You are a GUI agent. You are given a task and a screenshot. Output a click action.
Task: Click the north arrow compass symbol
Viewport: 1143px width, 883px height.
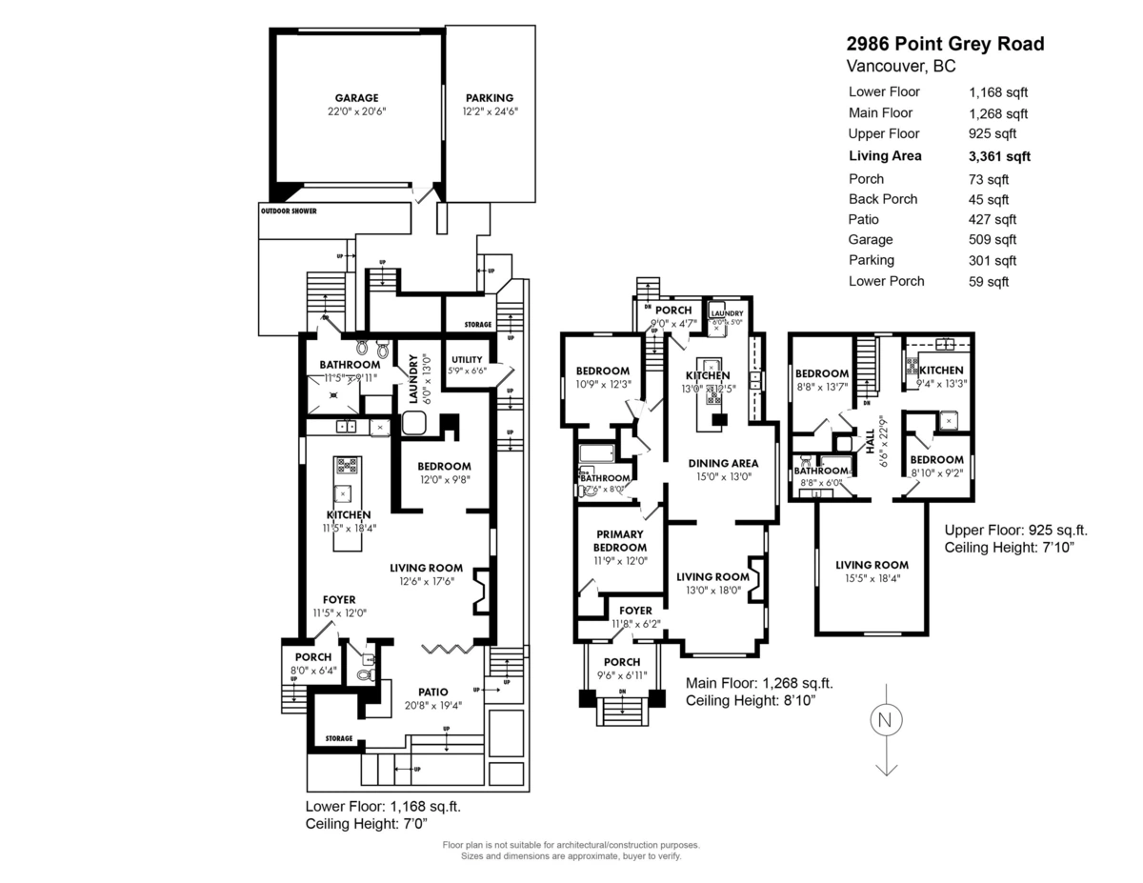pyautogui.click(x=886, y=719)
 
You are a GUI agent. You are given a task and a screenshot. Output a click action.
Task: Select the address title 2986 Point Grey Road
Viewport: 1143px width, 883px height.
pyautogui.click(x=945, y=44)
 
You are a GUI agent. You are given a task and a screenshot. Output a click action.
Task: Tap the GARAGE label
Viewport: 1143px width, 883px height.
pyautogui.click(x=355, y=98)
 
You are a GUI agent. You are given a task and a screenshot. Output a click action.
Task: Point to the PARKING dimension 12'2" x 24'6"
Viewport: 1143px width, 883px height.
pyautogui.click(x=490, y=111)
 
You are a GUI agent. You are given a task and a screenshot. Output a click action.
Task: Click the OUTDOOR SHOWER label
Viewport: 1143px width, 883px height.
pyautogui.click(x=288, y=211)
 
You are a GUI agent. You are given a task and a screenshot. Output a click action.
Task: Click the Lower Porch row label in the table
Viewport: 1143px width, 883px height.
pyautogui.click(x=886, y=281)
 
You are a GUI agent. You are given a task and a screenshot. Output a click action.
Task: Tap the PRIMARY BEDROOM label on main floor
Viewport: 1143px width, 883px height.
pyautogui.click(x=621, y=541)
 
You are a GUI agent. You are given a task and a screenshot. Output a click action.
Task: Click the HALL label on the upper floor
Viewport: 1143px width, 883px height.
pyautogui.click(x=870, y=439)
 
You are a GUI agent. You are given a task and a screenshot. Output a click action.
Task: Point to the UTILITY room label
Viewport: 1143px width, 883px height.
pyautogui.click(x=468, y=359)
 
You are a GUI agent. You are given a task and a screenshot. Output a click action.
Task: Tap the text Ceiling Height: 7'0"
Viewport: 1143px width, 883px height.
pyautogui.click(x=367, y=823)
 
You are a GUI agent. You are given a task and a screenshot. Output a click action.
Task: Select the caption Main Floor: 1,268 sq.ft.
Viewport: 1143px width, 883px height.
pyautogui.click(x=759, y=683)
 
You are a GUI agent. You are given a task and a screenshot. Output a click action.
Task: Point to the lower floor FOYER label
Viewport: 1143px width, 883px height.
pyautogui.click(x=339, y=600)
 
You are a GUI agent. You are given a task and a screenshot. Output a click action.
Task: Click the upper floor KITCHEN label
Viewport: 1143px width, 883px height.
pyautogui.click(x=941, y=371)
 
